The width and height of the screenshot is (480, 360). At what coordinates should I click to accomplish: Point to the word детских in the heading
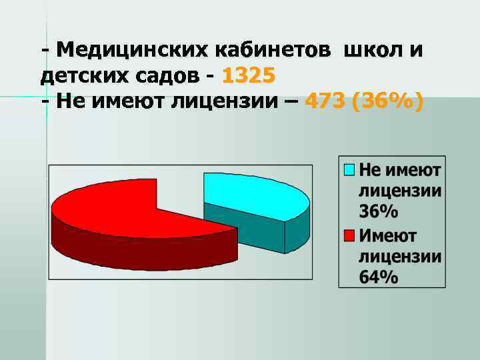pyautogui.click(x=80, y=76)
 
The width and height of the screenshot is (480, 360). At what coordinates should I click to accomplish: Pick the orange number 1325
pyautogui.click(x=247, y=76)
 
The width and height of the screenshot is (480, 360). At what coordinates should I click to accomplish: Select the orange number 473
pyautogui.click(x=327, y=102)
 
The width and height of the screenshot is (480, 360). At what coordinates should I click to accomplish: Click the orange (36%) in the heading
pyautogui.click(x=390, y=102)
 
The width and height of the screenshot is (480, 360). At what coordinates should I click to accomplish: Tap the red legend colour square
pyautogui.click(x=349, y=235)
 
